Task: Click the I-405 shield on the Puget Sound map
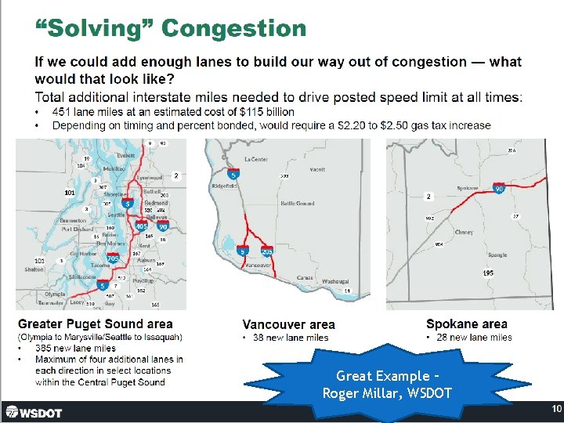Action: (x=142, y=226)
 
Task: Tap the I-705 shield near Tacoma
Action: (x=113, y=258)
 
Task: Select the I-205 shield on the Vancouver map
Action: (x=266, y=251)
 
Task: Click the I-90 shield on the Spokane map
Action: (x=499, y=189)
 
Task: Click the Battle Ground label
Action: (x=297, y=204)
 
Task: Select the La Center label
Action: (x=255, y=159)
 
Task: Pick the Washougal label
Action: (x=334, y=282)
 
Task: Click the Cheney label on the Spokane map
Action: (x=464, y=232)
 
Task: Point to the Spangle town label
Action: (x=497, y=255)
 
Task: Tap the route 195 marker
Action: (x=488, y=273)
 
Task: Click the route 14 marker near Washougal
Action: (x=347, y=291)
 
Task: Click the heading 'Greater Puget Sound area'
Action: (x=95, y=324)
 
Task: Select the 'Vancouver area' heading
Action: (x=288, y=324)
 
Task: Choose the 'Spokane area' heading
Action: (x=466, y=324)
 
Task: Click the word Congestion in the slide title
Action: (x=233, y=29)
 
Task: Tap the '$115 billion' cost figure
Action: (x=267, y=112)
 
